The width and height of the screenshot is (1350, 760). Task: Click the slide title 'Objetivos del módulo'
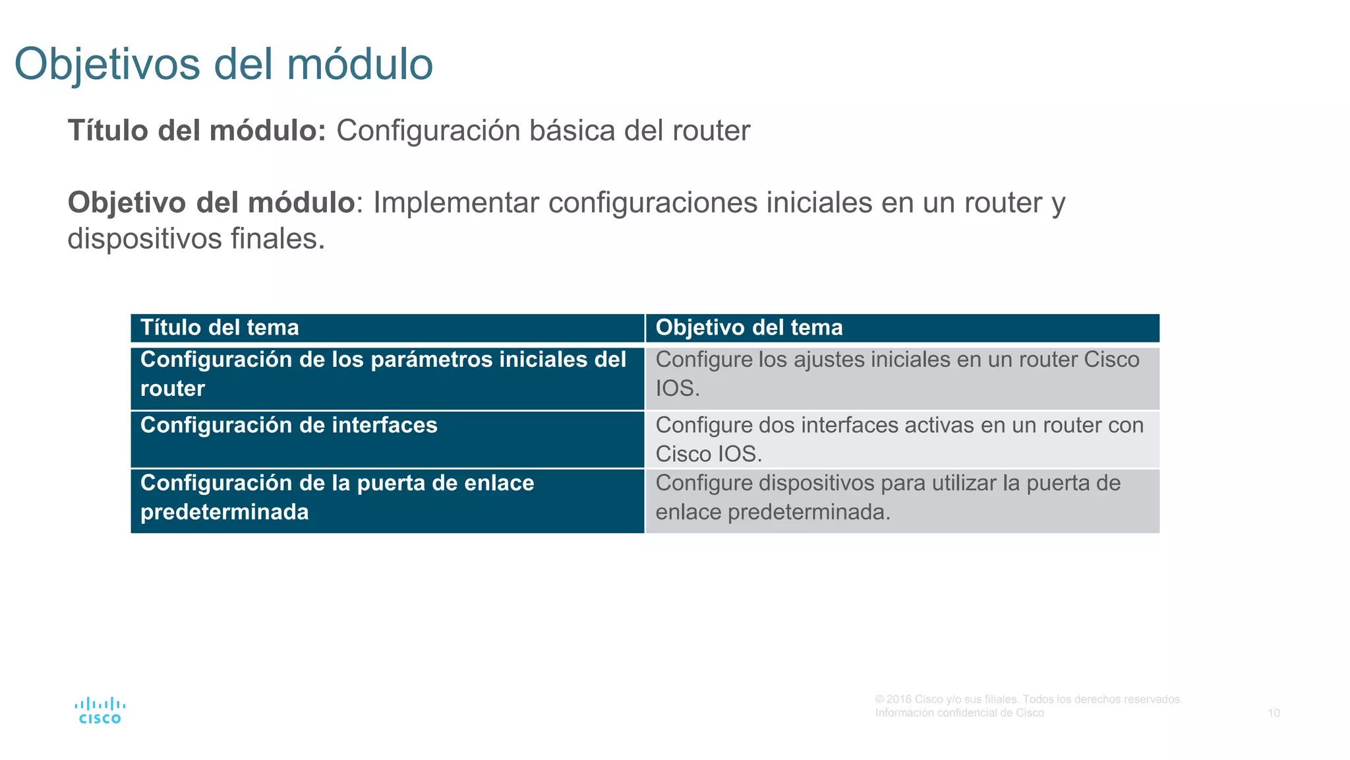[223, 64]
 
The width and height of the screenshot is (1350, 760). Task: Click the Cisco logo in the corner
[100, 711]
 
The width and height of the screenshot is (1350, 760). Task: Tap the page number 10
[1274, 713]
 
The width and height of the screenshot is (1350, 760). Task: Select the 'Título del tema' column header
[220, 328]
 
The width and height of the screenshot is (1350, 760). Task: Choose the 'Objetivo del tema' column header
[749, 328]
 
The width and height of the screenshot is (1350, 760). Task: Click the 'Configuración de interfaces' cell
[289, 426]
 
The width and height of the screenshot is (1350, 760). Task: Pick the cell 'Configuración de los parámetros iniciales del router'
[383, 374]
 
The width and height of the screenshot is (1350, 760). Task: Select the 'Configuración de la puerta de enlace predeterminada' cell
[337, 497]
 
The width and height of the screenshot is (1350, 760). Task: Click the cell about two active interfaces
[899, 439]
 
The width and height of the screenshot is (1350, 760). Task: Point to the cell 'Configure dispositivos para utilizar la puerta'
[887, 497]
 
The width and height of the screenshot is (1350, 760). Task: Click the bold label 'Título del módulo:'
[196, 131]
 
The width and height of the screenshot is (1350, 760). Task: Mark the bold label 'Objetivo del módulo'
[211, 203]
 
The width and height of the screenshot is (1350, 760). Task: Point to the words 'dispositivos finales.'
[196, 239]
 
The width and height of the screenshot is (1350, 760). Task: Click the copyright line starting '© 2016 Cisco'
[1028, 699]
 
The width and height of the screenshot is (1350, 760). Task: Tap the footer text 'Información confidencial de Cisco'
[959, 713]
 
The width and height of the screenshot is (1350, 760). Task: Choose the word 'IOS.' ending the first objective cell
[678, 389]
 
